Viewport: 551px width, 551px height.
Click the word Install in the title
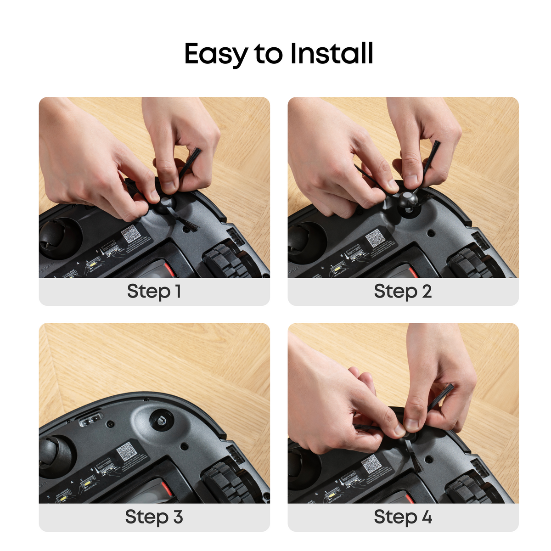click(332, 53)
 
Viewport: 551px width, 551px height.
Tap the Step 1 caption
click(154, 291)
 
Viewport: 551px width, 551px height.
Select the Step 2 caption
click(403, 291)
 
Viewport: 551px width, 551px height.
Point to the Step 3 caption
click(154, 517)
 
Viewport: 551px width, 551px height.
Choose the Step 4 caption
click(403, 517)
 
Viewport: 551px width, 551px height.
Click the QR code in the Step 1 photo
click(131, 234)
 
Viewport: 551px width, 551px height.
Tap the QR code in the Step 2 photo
click(375, 238)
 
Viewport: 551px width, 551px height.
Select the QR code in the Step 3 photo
click(126, 452)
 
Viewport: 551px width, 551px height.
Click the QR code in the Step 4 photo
click(371, 465)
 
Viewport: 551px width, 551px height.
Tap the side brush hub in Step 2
click(407, 199)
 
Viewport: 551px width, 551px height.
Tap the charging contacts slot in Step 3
click(90, 420)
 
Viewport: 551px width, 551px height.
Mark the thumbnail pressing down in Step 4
click(411, 425)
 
